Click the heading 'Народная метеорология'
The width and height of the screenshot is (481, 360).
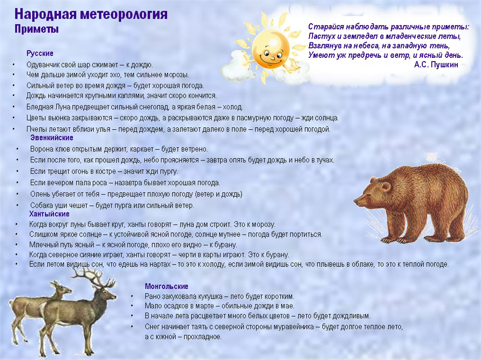pos(91,14)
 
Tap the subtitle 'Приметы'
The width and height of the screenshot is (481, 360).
pos(37,29)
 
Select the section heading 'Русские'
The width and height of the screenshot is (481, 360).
pos(40,53)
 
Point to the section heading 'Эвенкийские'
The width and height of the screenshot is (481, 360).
pos(52,138)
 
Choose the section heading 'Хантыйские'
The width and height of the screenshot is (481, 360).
pos(50,214)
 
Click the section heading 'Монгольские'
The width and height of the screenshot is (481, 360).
pos(167,286)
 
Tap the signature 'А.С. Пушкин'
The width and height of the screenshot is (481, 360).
pos(436,65)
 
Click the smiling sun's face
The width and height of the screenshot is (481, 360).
pos(271,49)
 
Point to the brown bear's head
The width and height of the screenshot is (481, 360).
pos(372,194)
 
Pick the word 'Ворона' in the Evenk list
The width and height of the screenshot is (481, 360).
pos(41,149)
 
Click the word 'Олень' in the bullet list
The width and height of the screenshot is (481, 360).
pos(39,194)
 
